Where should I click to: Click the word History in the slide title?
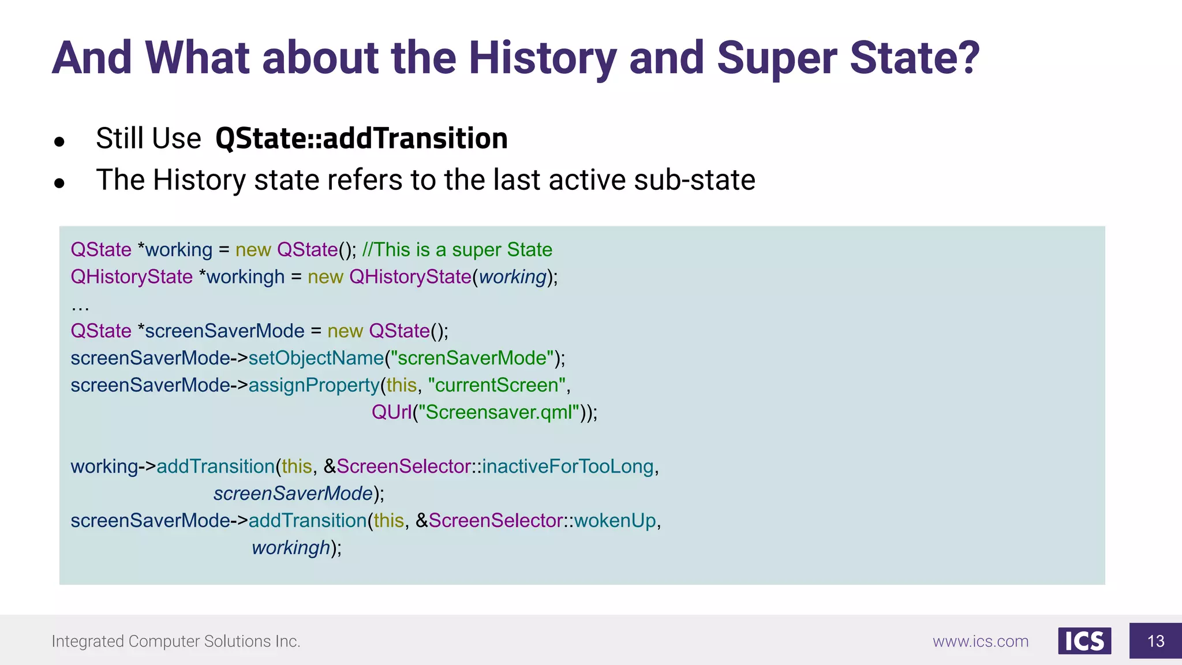tap(543, 58)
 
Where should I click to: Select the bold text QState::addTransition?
tap(361, 139)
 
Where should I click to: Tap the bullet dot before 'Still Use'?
tap(59, 141)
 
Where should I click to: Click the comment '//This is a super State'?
tap(457, 249)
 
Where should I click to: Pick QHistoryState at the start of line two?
tap(132, 277)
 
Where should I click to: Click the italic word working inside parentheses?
tap(513, 277)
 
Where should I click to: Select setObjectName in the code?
tap(316, 358)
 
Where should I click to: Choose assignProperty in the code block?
tap(314, 385)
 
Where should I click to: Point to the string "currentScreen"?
tap(497, 385)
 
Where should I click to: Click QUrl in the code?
tap(391, 412)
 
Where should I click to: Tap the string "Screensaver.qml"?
tap(499, 412)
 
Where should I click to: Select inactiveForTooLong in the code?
tap(568, 466)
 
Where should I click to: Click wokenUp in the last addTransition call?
tap(615, 521)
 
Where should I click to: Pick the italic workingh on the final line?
tap(291, 548)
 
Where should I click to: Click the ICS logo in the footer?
tap(1084, 641)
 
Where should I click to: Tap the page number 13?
tap(1155, 641)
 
